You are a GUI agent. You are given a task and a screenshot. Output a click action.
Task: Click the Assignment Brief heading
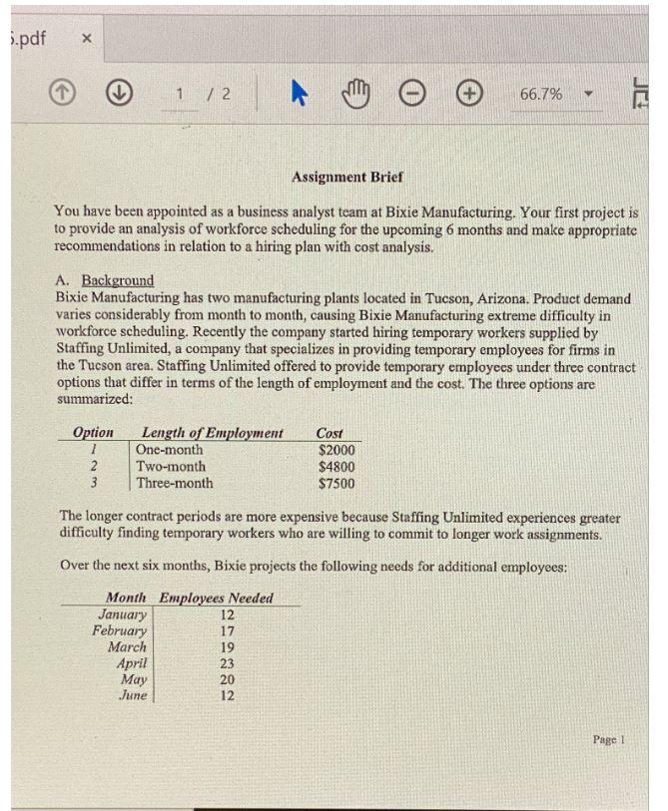click(347, 177)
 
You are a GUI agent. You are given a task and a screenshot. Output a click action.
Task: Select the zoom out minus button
click(412, 94)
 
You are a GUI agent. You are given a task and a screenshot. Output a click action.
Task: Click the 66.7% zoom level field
click(541, 94)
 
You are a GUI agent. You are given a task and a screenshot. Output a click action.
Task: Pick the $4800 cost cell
click(336, 466)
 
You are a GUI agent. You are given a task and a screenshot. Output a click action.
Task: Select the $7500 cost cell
click(336, 483)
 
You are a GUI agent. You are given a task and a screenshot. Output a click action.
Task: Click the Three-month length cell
click(175, 483)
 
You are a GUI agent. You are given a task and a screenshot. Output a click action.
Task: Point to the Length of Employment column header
click(213, 433)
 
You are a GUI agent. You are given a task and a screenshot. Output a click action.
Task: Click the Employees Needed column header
click(217, 599)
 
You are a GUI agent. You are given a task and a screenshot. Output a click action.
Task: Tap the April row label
click(132, 662)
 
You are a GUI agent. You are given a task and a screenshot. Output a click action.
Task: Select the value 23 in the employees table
click(227, 662)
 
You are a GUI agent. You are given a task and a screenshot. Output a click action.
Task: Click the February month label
click(120, 630)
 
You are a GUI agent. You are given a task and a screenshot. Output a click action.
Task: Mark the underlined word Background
click(118, 280)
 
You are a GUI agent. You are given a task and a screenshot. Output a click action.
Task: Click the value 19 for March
click(227, 646)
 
